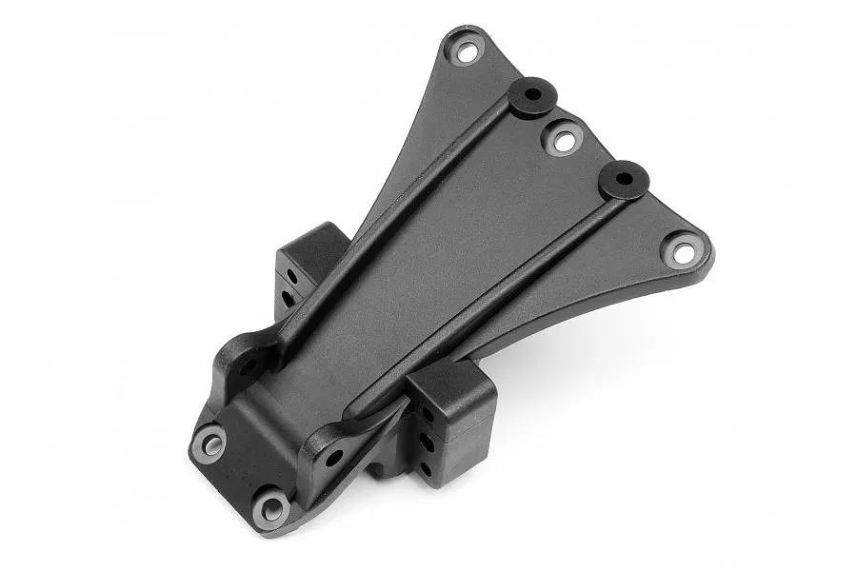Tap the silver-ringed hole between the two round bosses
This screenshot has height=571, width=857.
564,141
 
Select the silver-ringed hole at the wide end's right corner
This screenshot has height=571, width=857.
684,251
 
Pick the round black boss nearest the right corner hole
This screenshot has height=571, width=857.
624,179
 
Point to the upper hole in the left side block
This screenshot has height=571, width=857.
290,274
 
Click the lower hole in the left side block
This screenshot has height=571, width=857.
288,298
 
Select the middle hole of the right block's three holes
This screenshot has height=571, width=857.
427,442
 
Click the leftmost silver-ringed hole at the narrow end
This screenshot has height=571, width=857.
209,443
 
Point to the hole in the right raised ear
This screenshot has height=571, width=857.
333,458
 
